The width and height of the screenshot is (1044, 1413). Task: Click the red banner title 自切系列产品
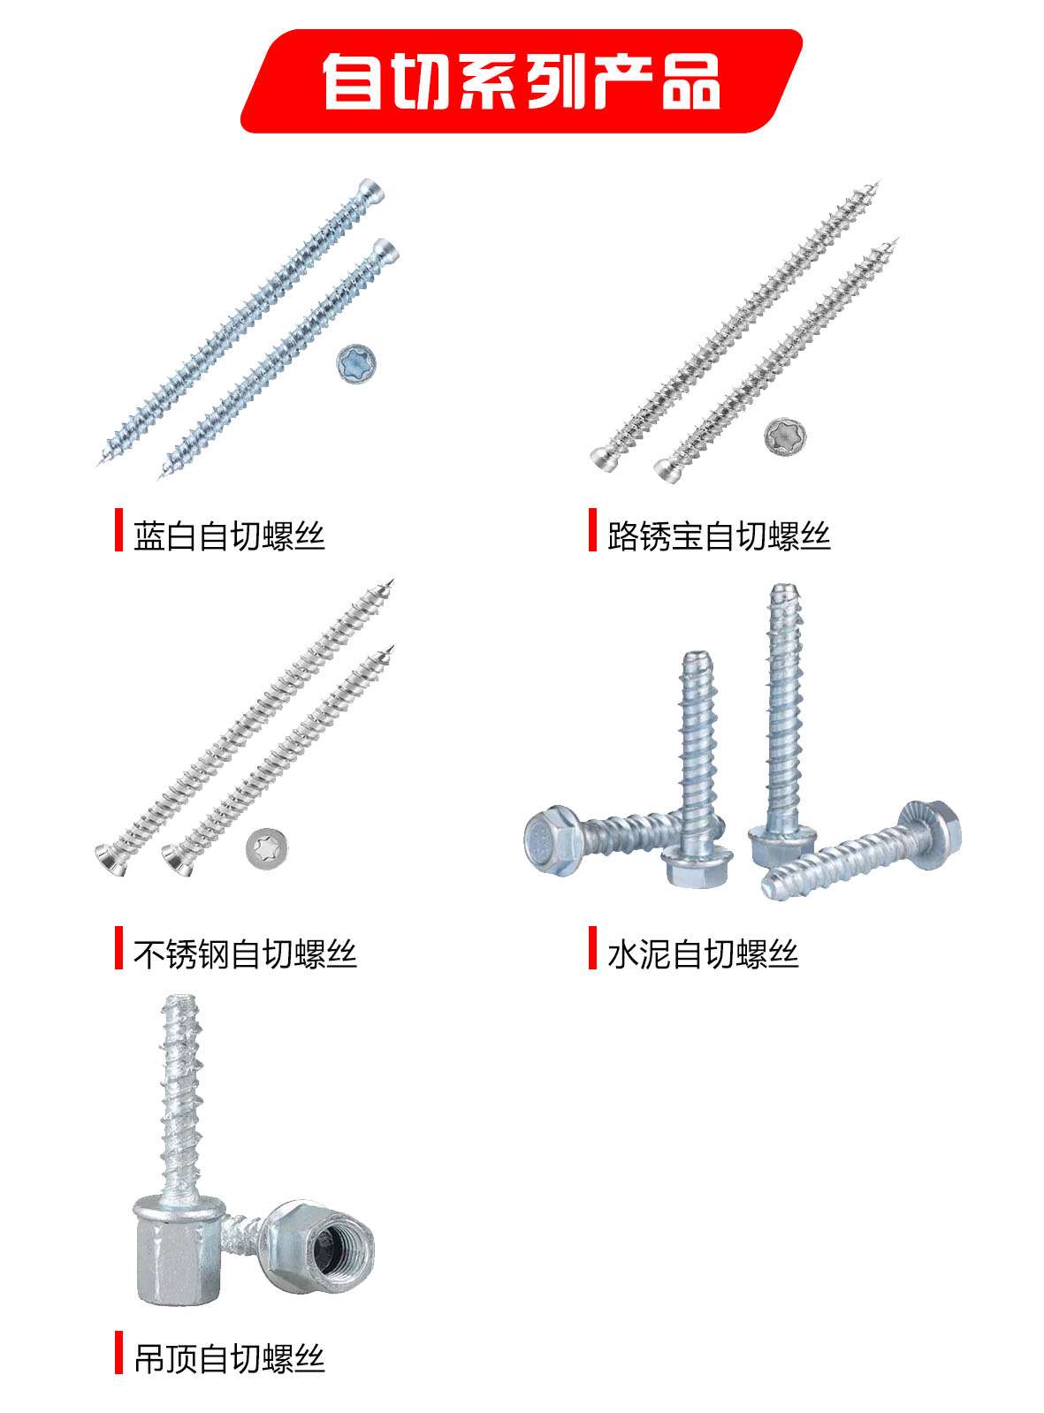pos(522,81)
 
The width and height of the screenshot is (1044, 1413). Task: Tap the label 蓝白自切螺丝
pos(230,536)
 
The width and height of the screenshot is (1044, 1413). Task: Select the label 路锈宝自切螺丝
pos(719,536)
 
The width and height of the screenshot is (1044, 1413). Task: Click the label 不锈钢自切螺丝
pos(246,953)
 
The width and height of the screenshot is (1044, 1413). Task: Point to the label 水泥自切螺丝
pos(703,953)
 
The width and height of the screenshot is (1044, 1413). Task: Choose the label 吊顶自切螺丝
pos(230,1359)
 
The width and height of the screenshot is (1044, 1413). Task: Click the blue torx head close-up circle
pos(356,364)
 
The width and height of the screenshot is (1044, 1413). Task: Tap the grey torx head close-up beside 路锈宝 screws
pos(785,437)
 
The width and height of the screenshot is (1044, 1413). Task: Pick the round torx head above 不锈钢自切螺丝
pos(267,848)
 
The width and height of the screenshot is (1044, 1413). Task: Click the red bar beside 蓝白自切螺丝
pos(118,529)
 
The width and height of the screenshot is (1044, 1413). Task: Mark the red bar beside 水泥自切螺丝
pos(593,948)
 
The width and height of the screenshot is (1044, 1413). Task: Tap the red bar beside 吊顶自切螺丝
pos(118,1352)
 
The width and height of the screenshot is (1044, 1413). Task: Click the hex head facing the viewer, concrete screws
pos(551,839)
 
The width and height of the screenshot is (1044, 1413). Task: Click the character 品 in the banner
pos(691,81)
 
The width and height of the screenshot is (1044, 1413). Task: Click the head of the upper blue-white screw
pos(370,191)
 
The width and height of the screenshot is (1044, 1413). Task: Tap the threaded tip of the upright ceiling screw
pos(176,1001)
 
